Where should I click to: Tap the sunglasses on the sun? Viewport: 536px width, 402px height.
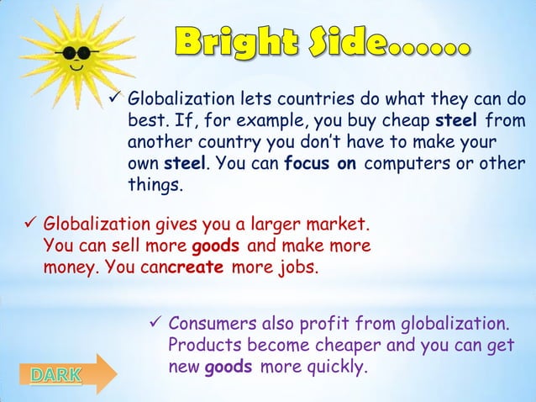tap(69, 53)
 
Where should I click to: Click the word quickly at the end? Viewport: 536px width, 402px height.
tap(339, 368)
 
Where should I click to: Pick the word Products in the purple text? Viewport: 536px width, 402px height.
tap(202, 346)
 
